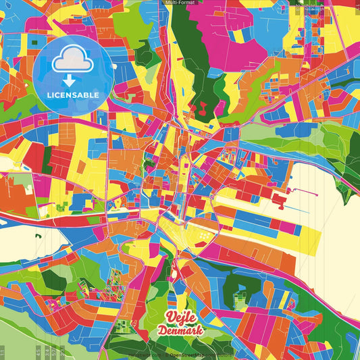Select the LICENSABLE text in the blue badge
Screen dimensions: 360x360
[x=72, y=94]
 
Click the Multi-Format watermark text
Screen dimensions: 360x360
[x=180, y=3]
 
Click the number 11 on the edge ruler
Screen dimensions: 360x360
[x=4, y=352]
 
